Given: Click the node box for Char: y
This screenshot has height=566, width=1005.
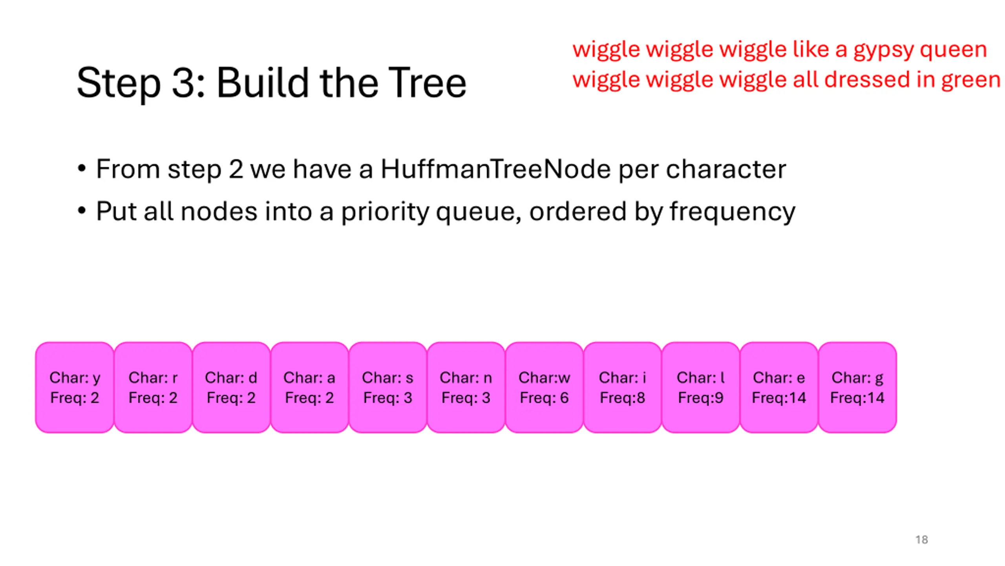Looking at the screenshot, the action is click(x=75, y=387).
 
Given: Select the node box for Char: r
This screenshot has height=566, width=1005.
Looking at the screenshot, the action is click(x=153, y=387).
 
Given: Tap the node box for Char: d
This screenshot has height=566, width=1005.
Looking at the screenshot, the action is click(x=231, y=387).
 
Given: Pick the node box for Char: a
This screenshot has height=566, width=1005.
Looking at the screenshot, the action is click(x=309, y=387).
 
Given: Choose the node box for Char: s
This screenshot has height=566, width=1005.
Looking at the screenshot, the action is click(x=387, y=387).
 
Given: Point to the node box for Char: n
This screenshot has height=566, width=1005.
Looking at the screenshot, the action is click(x=466, y=387).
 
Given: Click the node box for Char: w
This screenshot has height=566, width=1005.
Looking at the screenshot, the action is click(x=544, y=387).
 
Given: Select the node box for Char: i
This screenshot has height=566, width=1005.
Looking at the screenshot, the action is click(x=622, y=387).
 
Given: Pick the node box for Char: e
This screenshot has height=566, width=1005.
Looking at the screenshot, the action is click(x=779, y=387).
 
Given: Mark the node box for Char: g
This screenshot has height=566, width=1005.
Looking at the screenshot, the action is click(x=857, y=387).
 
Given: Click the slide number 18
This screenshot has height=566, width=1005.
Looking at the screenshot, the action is click(x=921, y=540).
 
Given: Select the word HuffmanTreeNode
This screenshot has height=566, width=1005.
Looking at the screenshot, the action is click(x=495, y=169).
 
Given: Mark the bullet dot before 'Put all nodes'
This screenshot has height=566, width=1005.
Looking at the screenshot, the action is click(x=82, y=211).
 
